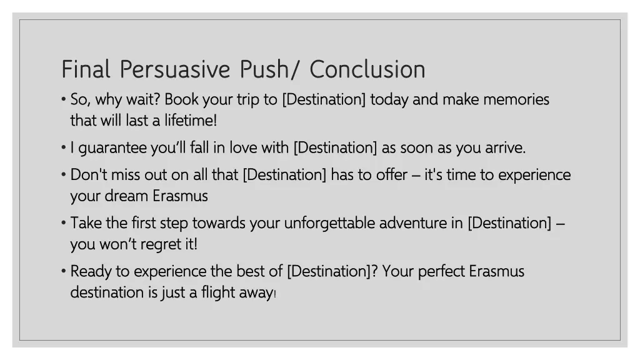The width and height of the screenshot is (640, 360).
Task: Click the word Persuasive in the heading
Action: point(174,69)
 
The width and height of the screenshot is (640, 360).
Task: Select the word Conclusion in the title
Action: point(367,69)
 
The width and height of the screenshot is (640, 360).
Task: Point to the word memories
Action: point(516,99)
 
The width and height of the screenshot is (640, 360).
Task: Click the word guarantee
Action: point(113,148)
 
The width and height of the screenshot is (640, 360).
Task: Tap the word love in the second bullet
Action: point(243,148)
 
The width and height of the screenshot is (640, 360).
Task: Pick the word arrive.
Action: point(503,148)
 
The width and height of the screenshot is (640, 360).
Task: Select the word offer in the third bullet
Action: point(391,174)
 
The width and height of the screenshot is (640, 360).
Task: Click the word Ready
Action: point(90,272)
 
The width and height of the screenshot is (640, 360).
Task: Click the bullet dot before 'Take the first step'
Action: point(64,223)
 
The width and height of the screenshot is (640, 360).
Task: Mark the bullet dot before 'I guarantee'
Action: point(64,148)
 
